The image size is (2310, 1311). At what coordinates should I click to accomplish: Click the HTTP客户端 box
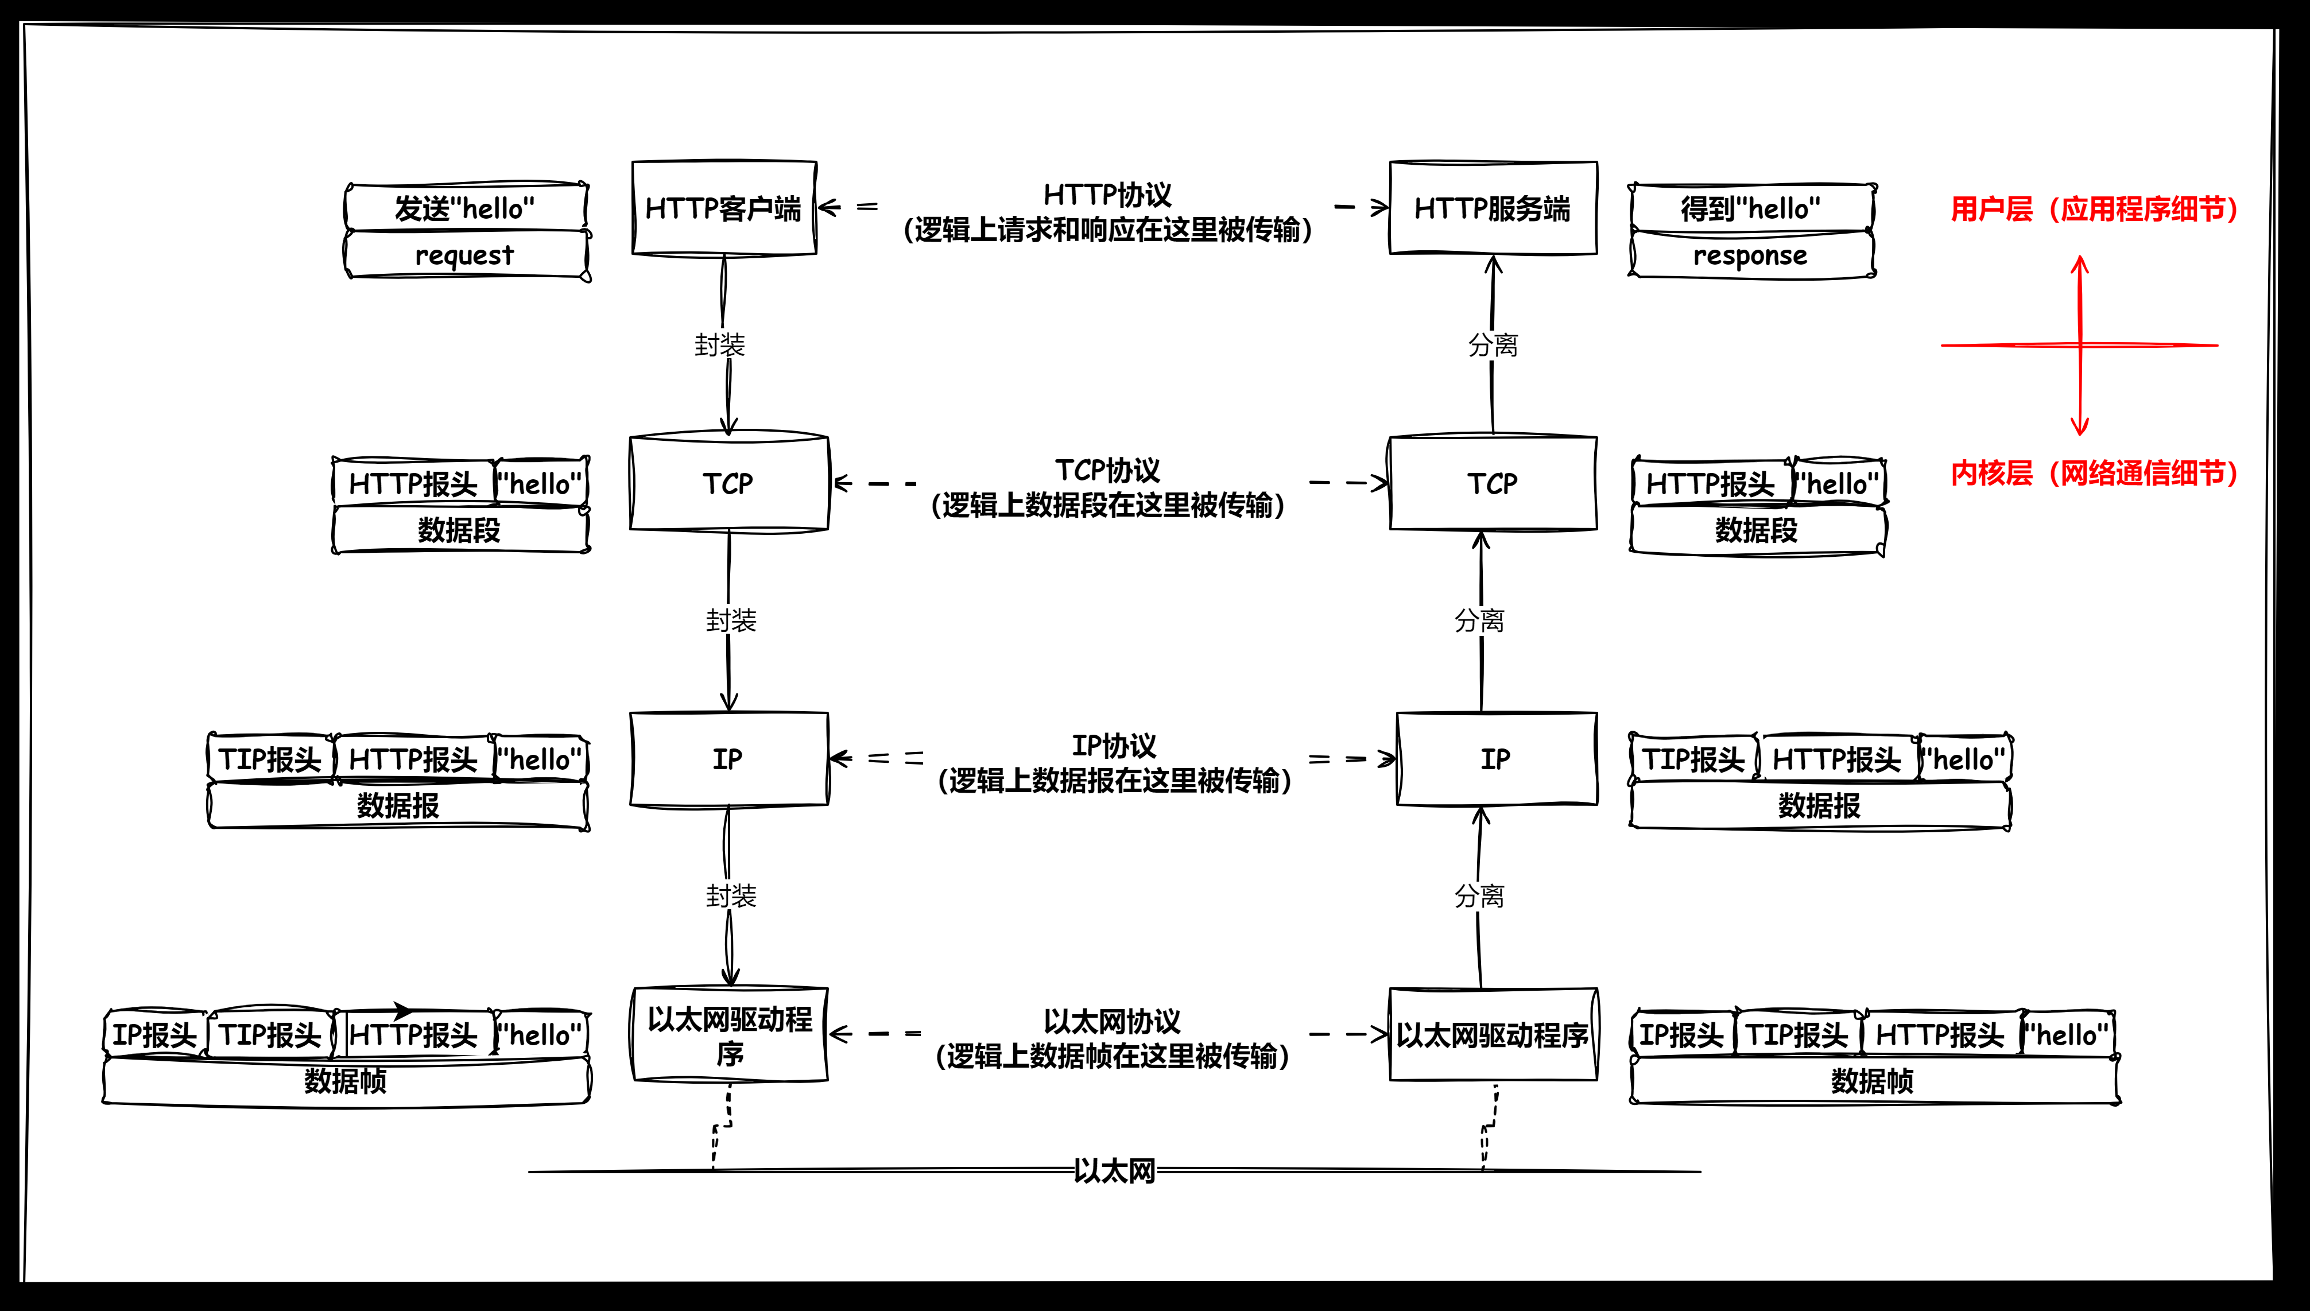tap(724, 208)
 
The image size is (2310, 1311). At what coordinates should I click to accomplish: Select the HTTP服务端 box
tap(1493, 208)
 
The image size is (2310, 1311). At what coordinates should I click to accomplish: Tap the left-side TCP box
tap(728, 483)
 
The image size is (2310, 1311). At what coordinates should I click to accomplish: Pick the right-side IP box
tap(1496, 759)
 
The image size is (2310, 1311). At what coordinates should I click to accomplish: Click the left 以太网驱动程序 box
tap(729, 1034)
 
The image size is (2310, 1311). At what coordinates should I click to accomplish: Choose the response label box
tap(1751, 256)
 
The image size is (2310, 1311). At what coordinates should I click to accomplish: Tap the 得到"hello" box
tap(1751, 208)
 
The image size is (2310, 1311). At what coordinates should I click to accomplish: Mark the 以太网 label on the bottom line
tap(1114, 1170)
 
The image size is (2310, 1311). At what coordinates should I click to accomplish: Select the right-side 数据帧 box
tap(1873, 1080)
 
